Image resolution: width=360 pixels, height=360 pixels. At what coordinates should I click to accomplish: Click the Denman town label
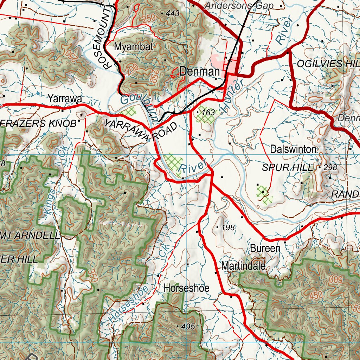pyautogui.click(x=199, y=72)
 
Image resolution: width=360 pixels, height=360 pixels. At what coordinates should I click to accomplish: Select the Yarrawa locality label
pyautogui.click(x=65, y=99)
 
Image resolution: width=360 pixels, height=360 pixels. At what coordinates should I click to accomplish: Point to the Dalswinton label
pyautogui.click(x=293, y=149)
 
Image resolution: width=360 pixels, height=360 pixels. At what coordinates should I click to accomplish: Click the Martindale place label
pyautogui.click(x=243, y=266)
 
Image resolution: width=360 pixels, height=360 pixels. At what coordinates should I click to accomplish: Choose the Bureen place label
pyautogui.click(x=265, y=249)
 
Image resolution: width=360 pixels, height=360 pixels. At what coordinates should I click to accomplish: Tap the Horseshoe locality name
pyautogui.click(x=186, y=289)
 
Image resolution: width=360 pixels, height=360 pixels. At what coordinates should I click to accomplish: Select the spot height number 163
pyautogui.click(x=208, y=112)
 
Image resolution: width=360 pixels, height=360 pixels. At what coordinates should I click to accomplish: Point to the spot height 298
pyautogui.click(x=330, y=168)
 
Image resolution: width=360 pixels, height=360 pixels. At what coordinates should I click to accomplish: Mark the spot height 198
pyautogui.click(x=228, y=228)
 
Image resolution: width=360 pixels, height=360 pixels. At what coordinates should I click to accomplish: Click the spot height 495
pyautogui.click(x=188, y=327)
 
